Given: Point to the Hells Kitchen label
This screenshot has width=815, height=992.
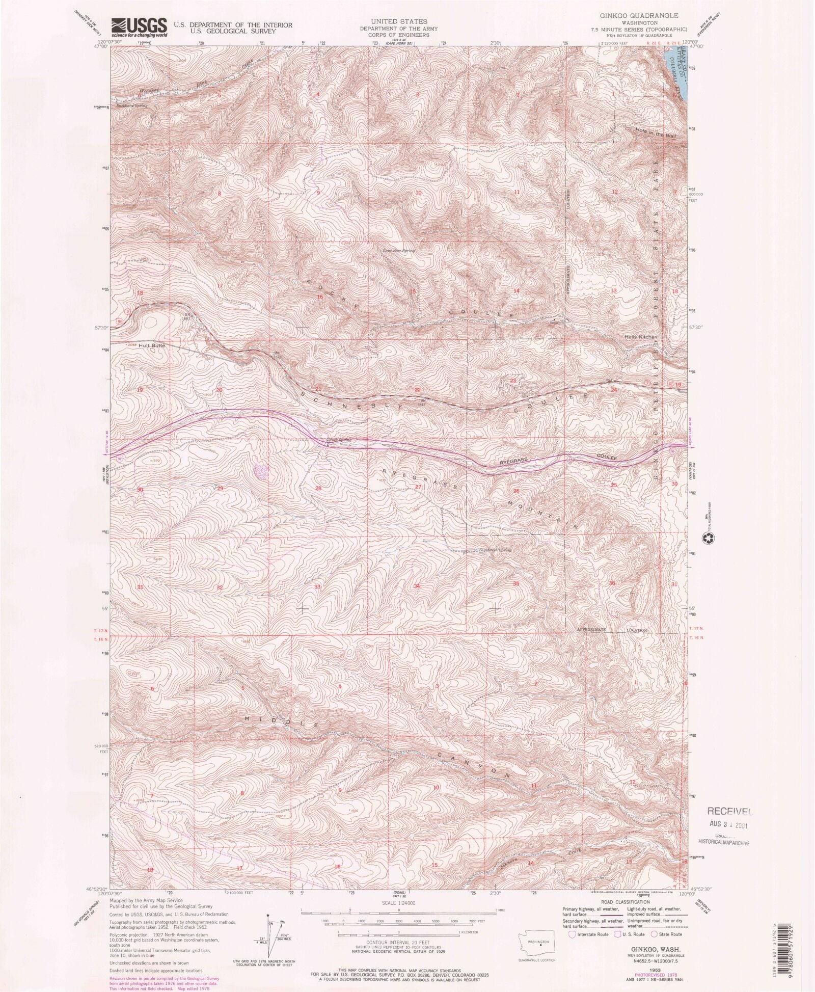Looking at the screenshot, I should pyautogui.click(x=641, y=337).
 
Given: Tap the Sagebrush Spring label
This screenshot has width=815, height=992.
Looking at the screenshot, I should pyautogui.click(x=495, y=550).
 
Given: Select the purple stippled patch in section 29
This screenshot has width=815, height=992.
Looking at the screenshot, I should pyautogui.click(x=261, y=472).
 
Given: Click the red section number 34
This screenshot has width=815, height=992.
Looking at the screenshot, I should pyautogui.click(x=417, y=586).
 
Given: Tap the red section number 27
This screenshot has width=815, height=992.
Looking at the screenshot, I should pyautogui.click(x=418, y=487).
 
